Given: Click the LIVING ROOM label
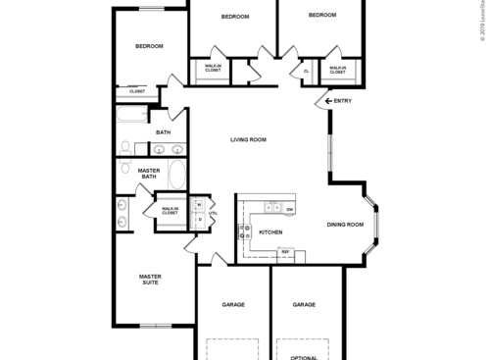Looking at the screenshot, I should tap(248, 140).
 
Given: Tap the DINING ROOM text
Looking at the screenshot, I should tap(345, 225).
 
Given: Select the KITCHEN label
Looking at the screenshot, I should tap(270, 231).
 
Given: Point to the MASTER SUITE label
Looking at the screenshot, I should tap(150, 281).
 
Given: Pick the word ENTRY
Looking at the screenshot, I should tap(343, 101).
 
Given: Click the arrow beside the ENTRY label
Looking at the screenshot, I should tap(326, 101).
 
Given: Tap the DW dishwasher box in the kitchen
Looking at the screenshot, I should tap(290, 209).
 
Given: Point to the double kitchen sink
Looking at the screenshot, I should tap(271, 208).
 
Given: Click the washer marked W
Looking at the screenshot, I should tap(198, 205).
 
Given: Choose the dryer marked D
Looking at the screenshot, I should tap(198, 219).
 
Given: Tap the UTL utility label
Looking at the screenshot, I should tap(213, 213).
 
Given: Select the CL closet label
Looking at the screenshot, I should tap(307, 71).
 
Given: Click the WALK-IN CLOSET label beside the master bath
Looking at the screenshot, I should tap(170, 210).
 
